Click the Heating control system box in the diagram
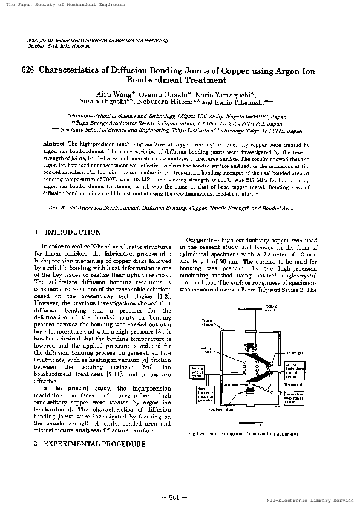click(x=198, y=370)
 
